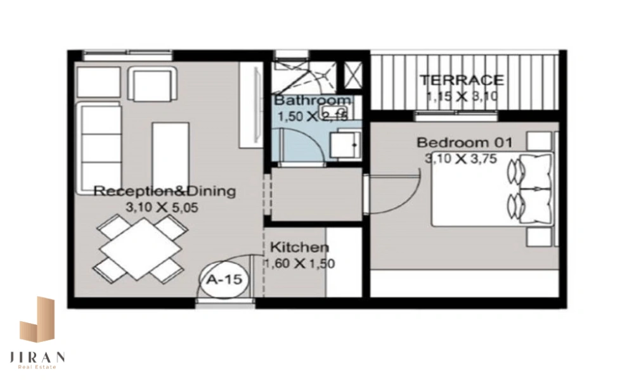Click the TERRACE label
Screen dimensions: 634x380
tap(462, 80)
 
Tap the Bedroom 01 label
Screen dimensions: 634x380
tap(465, 142)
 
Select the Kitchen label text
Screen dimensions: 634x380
tap(299, 247)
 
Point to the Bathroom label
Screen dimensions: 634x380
tap(313, 100)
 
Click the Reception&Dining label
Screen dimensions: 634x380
tap(165, 191)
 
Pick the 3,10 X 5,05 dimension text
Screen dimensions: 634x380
tap(162, 208)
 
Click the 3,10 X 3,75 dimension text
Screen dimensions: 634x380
tap(460, 159)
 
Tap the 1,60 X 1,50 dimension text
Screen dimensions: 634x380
tap(299, 263)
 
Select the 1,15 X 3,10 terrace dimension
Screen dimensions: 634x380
tap(462, 96)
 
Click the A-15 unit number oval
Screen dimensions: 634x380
tap(224, 279)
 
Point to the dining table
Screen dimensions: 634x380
tap(140, 248)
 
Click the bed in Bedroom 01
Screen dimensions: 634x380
tap(492, 189)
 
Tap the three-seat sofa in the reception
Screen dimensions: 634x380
tap(99, 148)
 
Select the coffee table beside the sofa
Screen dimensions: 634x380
tap(170, 155)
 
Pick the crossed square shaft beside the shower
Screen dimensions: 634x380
tap(353, 75)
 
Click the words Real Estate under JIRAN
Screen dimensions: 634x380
tap(37, 367)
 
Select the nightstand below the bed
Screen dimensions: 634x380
tap(540, 237)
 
